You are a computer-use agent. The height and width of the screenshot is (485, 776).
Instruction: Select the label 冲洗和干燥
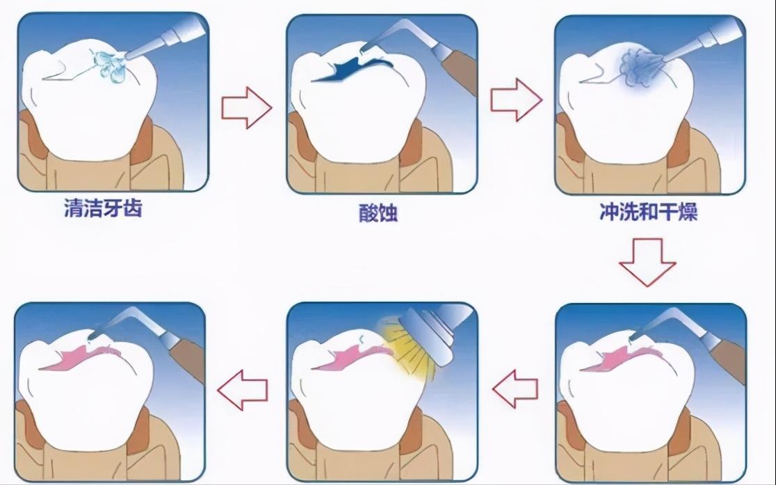[648, 211]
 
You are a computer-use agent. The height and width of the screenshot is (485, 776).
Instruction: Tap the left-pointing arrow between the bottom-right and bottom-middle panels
[515, 388]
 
